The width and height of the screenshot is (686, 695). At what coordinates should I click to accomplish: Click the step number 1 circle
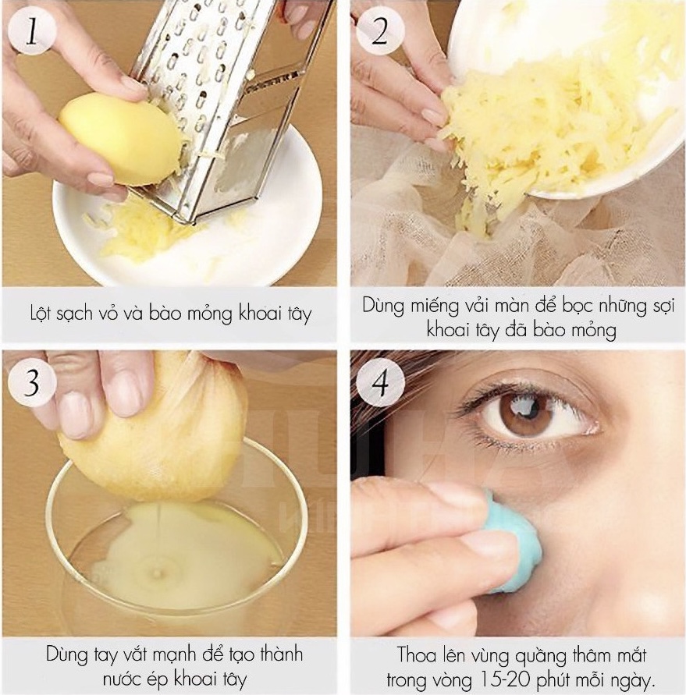31,31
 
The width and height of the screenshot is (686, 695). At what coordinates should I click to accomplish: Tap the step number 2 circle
379,31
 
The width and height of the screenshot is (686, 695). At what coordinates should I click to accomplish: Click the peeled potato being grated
119,138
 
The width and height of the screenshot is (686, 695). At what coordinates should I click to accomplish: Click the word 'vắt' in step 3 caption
130,654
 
